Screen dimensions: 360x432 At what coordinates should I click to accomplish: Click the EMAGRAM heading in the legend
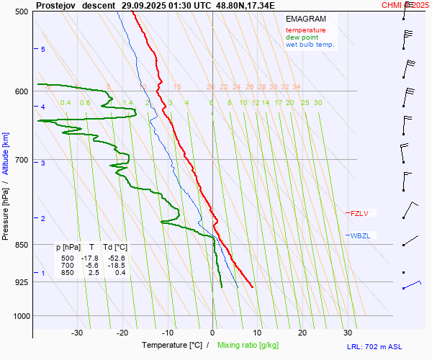pos(305,18)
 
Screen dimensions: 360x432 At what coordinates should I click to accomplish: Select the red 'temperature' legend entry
pos(305,30)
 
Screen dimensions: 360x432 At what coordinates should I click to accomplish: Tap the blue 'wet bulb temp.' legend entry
pos(310,45)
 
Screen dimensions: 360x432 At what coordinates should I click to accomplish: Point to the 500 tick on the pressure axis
pos(21,12)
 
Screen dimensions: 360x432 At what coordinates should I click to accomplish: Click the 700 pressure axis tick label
pos(21,160)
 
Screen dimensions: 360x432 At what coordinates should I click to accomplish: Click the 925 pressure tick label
pos(21,282)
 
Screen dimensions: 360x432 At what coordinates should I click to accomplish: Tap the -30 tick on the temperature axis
pos(77,333)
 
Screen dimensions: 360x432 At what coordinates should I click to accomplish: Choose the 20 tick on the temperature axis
pos(302,333)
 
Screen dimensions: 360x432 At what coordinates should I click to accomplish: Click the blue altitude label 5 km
pos(43,49)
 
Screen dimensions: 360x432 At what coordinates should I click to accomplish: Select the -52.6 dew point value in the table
pos(116,258)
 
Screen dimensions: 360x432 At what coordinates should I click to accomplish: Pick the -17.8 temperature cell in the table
pos(89,258)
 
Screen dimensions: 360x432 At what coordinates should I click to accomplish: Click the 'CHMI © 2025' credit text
pos(405,5)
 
